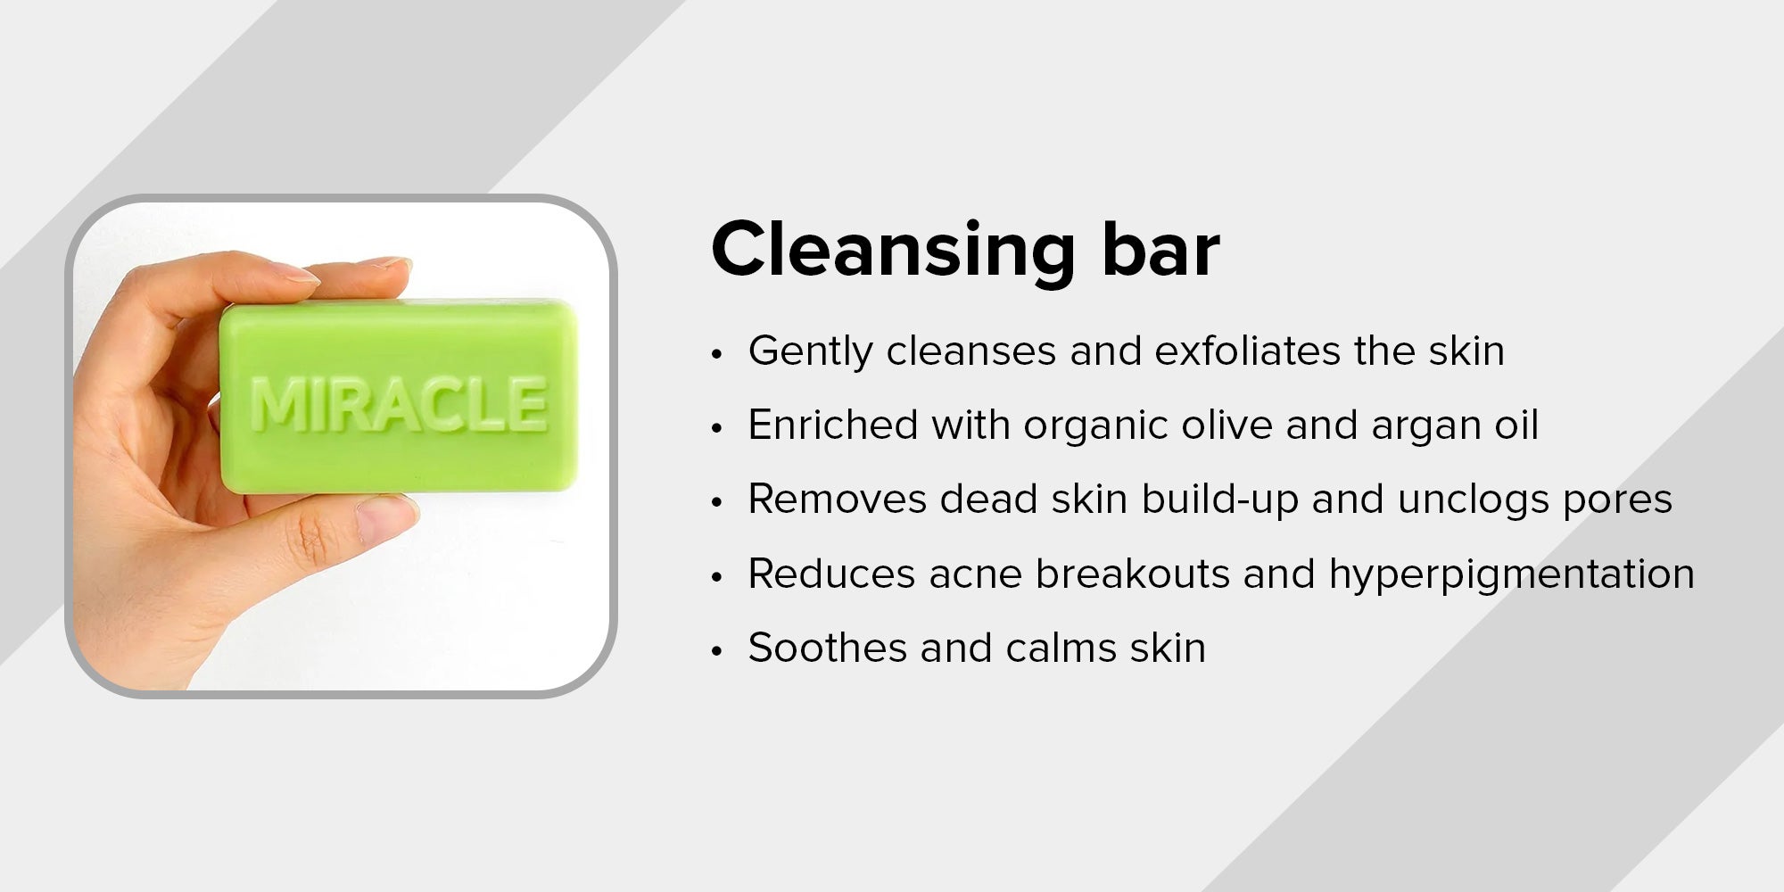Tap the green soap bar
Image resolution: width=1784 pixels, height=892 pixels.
(399, 397)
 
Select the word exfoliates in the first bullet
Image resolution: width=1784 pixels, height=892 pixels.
(1247, 351)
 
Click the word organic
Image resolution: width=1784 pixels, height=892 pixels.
(1096, 427)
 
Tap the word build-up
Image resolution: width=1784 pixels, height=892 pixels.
(1219, 501)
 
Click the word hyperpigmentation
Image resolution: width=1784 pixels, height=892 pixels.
(1512, 575)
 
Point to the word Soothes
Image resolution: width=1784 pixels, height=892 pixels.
(827, 648)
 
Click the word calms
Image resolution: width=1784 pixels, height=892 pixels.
(1061, 648)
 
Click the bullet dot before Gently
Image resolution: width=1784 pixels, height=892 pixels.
(715, 354)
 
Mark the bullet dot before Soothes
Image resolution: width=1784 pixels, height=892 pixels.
(715, 651)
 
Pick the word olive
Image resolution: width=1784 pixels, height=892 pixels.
(1226, 425)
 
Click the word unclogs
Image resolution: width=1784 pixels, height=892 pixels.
(1474, 501)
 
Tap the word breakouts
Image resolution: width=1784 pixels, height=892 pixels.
(1133, 574)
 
